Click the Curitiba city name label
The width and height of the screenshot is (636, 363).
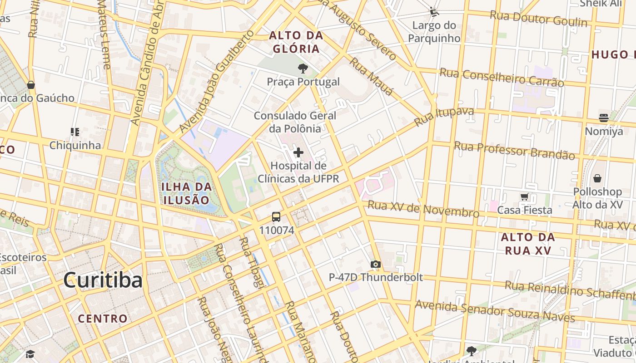point(103,280)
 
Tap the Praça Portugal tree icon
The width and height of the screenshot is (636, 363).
point(303,69)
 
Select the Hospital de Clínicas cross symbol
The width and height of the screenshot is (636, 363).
point(298,152)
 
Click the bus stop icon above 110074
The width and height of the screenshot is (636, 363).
point(276,217)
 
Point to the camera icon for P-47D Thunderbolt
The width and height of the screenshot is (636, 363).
point(375,264)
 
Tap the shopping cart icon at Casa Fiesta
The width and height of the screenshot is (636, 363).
point(525,197)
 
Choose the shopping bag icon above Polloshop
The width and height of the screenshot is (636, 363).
point(597,178)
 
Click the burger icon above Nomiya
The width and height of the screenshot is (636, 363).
point(604,118)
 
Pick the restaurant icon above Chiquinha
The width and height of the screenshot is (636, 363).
point(75,132)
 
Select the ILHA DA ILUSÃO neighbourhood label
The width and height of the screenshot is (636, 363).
point(187,193)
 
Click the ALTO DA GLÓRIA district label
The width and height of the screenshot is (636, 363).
point(296,42)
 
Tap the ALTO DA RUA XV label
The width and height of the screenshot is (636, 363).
point(528,244)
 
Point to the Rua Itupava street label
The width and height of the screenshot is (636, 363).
point(444,117)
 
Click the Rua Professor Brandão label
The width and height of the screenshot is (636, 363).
point(514,151)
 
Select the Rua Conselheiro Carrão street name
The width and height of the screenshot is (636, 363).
point(502,77)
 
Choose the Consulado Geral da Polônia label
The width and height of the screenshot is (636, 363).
point(295,122)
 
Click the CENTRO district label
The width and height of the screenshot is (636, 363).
point(103,319)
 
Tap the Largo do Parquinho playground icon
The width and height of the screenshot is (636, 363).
point(434,11)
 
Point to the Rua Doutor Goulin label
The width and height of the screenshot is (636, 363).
point(538,19)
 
